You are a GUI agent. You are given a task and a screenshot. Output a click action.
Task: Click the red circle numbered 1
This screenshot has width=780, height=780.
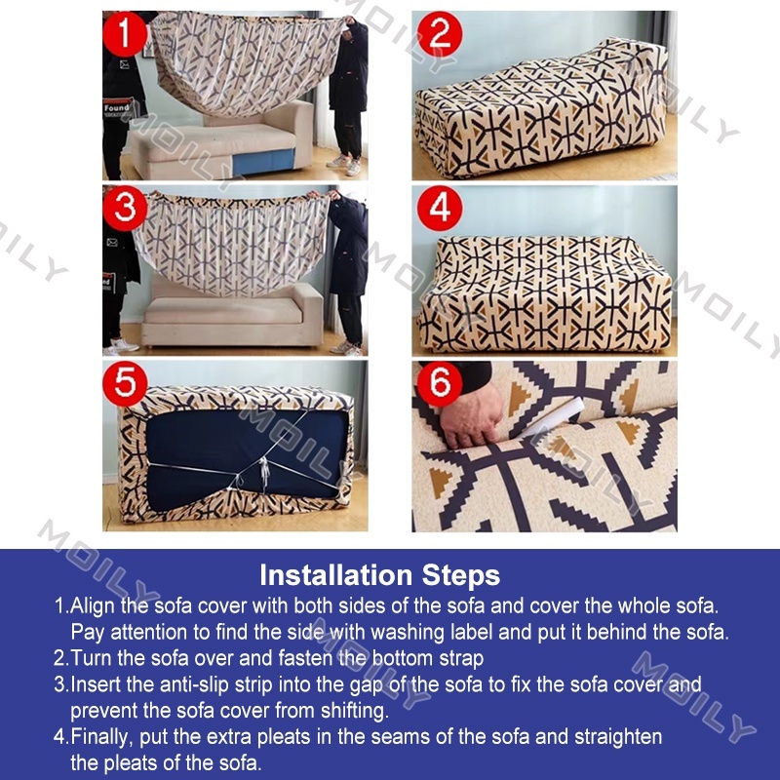point(125,34)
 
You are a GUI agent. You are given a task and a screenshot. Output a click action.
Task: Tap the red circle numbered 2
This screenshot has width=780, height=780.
point(440,34)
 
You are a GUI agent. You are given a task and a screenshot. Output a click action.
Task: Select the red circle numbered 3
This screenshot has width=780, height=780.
point(125,208)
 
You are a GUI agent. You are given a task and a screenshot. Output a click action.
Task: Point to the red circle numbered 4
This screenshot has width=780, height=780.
point(440,208)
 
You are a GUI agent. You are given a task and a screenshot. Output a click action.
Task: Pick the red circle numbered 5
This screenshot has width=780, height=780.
point(125,383)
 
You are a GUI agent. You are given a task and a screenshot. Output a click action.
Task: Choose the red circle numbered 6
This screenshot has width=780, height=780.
point(440,383)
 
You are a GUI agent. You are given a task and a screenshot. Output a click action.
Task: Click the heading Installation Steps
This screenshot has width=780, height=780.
point(379,575)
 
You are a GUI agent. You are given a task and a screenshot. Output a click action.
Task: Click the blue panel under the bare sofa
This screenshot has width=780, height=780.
point(263,161)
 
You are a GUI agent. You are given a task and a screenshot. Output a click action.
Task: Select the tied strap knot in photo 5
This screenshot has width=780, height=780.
point(263,470)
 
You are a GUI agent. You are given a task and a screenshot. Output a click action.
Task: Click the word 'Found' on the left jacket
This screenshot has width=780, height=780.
point(117,107)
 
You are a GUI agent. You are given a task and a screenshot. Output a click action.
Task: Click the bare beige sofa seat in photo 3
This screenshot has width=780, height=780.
point(224,311)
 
